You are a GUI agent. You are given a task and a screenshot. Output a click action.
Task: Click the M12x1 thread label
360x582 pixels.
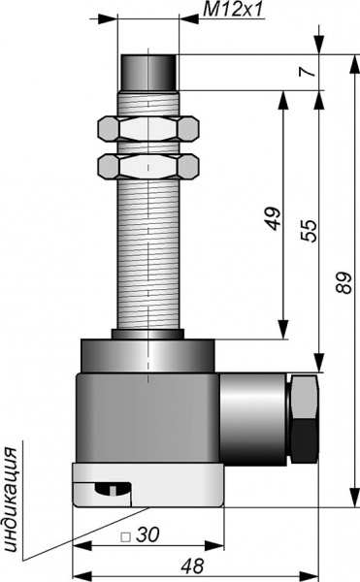[233, 10]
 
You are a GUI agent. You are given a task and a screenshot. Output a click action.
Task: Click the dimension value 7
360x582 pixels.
[307, 70]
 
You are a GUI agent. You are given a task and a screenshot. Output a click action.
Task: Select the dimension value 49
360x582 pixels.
[273, 218]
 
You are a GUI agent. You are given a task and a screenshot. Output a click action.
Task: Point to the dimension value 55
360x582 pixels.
[309, 231]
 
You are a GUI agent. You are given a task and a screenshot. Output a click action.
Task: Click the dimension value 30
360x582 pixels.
[147, 534]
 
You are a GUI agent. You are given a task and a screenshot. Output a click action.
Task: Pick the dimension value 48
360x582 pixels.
[193, 566]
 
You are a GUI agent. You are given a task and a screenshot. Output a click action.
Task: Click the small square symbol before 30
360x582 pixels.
[126, 536]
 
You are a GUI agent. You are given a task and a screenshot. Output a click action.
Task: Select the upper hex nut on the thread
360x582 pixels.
[147, 129]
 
